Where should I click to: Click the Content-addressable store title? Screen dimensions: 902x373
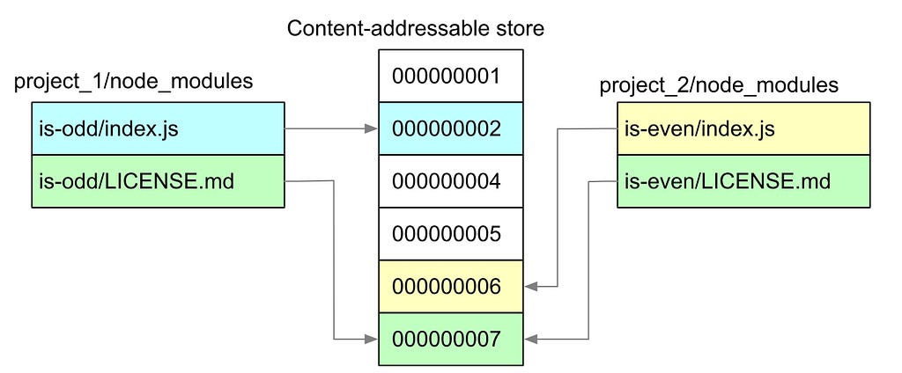[x=416, y=29]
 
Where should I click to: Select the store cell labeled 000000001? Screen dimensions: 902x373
[x=450, y=76]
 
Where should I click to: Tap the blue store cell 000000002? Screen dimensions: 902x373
[x=450, y=128]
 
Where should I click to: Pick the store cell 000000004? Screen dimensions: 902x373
[x=450, y=181]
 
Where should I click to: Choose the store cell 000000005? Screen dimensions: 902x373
[x=450, y=234]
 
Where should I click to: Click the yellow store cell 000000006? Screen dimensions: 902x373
[x=450, y=286]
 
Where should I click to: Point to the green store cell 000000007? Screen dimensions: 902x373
[x=450, y=339]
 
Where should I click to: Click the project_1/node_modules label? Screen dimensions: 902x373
[x=134, y=82]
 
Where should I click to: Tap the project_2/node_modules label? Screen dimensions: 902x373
[x=719, y=86]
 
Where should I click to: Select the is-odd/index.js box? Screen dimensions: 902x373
[x=159, y=128]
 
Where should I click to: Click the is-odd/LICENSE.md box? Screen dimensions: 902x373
[x=159, y=181]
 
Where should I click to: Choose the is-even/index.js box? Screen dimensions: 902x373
[x=743, y=128]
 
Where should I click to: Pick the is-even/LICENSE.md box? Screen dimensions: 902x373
[x=743, y=181]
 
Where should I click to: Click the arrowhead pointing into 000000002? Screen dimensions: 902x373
[x=373, y=129]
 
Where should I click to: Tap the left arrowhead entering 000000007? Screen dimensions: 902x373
[x=373, y=340]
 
